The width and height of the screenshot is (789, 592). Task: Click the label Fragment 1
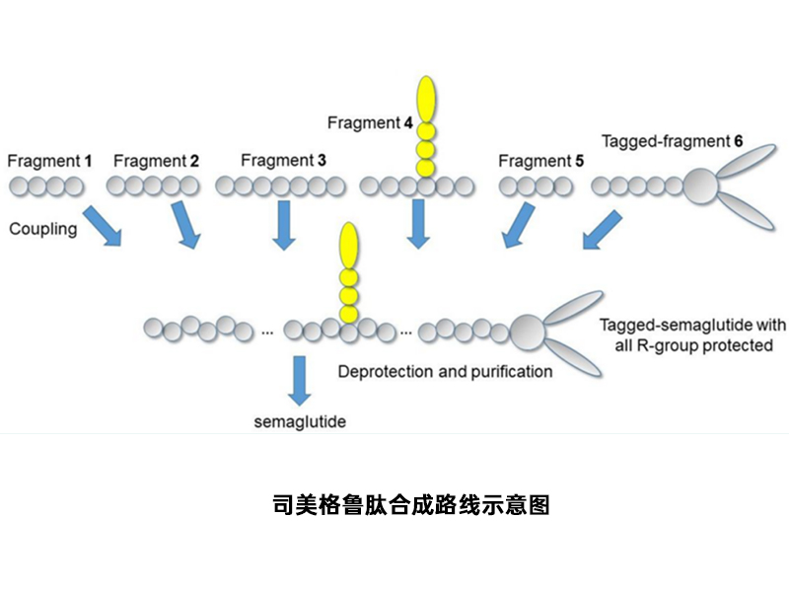[49, 160]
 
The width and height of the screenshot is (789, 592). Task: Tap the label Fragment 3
[283, 160]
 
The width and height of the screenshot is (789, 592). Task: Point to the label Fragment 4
[370, 123]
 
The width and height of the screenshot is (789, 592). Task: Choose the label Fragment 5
[535, 161]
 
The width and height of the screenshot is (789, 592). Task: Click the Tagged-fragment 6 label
[672, 141]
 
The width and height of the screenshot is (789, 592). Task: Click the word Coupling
[42, 229]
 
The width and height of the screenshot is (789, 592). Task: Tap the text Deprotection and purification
[445, 372]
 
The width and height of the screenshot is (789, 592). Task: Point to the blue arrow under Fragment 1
[102, 225]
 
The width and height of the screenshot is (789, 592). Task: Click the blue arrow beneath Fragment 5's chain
[517, 225]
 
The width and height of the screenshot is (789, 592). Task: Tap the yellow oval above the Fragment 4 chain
[426, 98]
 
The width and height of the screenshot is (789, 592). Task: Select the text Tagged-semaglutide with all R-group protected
[692, 335]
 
